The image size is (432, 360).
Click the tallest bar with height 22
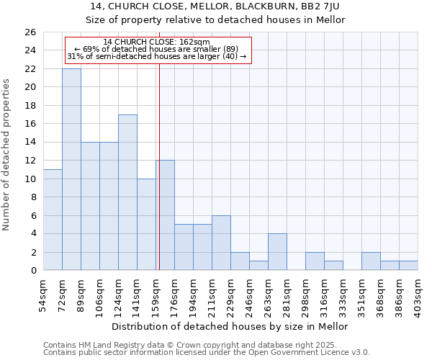(x=71, y=169)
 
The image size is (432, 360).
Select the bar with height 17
(x=127, y=192)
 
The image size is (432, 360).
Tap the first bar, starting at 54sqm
(x=53, y=220)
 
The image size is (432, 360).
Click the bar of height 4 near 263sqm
(x=277, y=252)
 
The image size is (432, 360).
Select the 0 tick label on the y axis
(x=32, y=271)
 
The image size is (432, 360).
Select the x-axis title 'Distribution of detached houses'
(x=230, y=326)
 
